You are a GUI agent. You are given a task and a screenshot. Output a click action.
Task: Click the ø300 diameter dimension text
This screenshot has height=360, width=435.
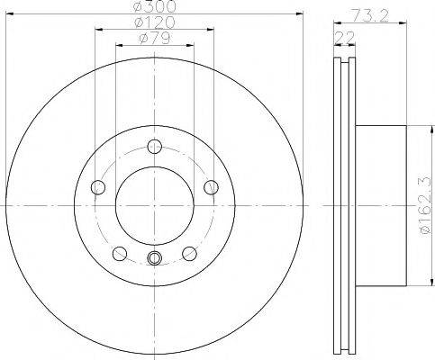click(154, 7)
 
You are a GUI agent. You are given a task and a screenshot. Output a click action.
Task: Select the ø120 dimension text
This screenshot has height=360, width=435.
click(154, 22)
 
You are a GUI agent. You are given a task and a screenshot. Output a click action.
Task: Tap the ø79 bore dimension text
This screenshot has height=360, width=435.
click(154, 37)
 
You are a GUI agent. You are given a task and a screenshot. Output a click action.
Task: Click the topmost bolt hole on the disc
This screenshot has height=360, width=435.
click(155, 147)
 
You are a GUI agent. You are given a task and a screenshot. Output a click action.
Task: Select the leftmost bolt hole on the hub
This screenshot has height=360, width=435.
click(99, 187)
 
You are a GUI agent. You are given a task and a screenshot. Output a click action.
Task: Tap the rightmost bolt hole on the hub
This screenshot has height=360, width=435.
click(212, 187)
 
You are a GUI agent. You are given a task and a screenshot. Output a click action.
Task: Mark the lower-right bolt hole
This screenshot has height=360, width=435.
click(190, 253)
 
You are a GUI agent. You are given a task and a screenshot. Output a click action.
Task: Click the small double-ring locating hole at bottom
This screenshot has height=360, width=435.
click(155, 260)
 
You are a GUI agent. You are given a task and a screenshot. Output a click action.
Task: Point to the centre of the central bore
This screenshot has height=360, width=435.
click(155, 206)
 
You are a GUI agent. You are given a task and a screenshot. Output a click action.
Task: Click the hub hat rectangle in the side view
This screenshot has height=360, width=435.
click(378, 206)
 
